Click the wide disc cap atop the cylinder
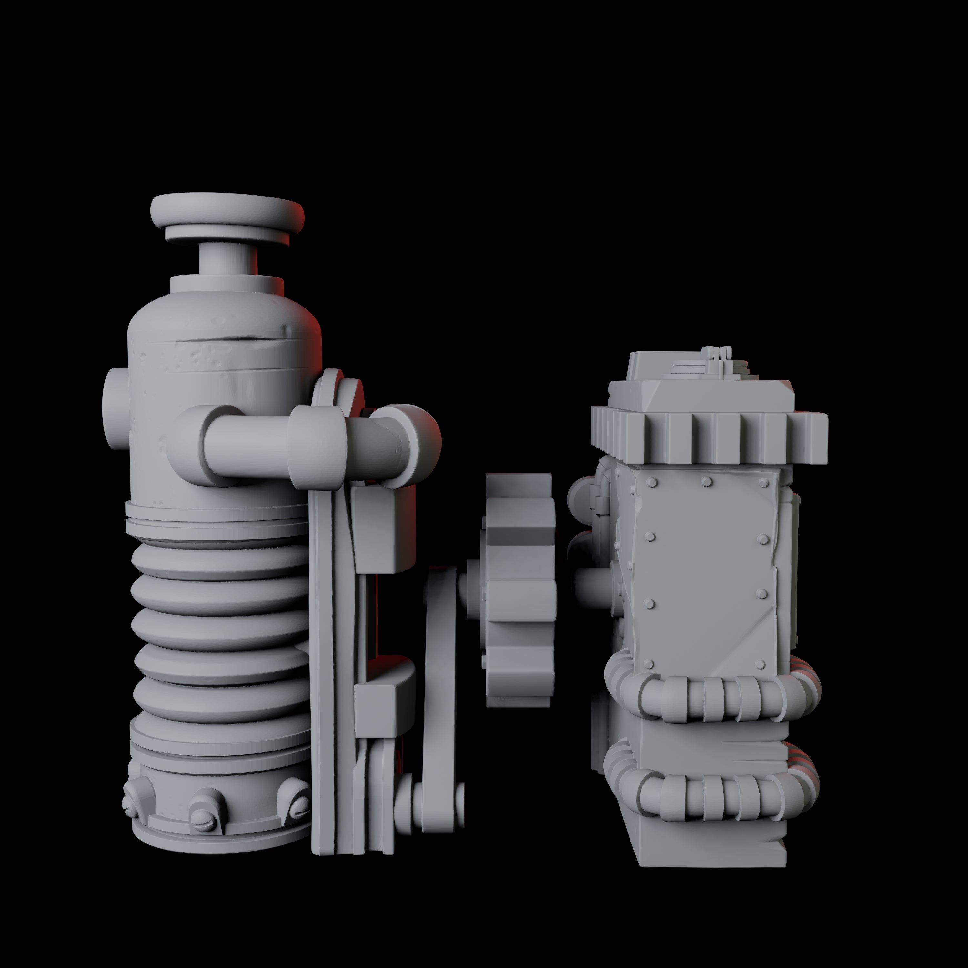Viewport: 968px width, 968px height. pyautogui.click(x=227, y=210)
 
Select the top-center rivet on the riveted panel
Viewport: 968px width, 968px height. pyautogui.click(x=706, y=482)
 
